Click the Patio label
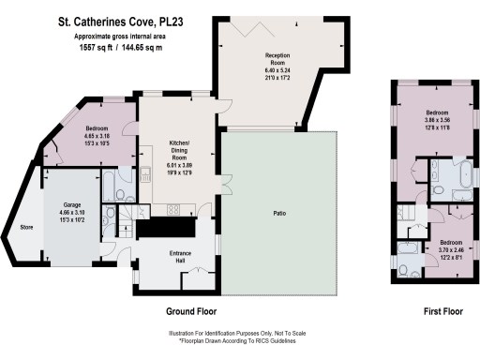click(280, 213)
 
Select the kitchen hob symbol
click(173, 212)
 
